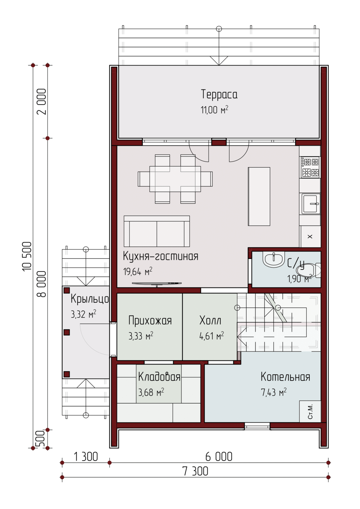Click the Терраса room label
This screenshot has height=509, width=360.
click(219, 94)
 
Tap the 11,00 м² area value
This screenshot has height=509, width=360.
click(214, 110)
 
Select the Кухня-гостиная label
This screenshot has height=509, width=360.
click(160, 256)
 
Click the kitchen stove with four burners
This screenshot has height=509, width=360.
click(310, 167)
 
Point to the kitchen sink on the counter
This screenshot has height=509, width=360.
click(311, 204)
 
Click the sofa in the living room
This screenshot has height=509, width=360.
click(157, 231)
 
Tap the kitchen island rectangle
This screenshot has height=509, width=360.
click(259, 196)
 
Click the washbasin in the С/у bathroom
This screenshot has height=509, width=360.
click(273, 259)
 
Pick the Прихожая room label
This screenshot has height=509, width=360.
click(150, 321)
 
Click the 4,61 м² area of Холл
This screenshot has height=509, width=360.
click(212, 336)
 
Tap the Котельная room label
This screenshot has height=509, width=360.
click(285, 377)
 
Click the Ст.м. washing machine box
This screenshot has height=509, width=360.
click(310, 411)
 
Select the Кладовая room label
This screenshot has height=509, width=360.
click(159, 377)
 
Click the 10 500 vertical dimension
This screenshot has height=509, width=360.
click(27, 256)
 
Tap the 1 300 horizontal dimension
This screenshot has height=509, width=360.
click(86, 456)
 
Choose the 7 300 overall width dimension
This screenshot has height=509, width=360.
click(195, 471)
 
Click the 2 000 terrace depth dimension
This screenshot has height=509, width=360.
click(41, 101)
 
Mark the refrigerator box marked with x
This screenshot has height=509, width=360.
click(310, 237)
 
